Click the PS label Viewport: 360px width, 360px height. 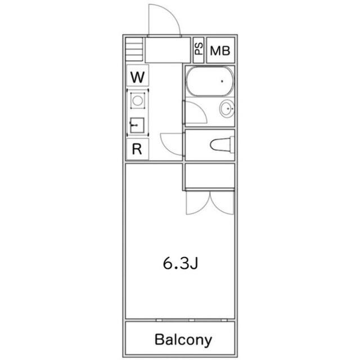pyautogui.click(x=199, y=49)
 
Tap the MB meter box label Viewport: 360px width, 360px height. pyautogui.click(x=220, y=51)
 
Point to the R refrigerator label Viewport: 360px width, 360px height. pyautogui.click(x=137, y=150)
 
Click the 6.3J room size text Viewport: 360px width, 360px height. pyautogui.click(x=180, y=263)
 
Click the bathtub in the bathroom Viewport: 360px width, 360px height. pyautogui.click(x=209, y=82)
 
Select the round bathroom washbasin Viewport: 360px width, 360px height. pyautogui.click(x=227, y=109)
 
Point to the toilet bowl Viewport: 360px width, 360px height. pyautogui.click(x=222, y=145)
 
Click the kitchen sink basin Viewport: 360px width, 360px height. pyautogui.click(x=137, y=124)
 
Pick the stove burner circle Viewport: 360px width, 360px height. pyautogui.click(x=137, y=101)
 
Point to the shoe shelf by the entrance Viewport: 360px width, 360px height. pyautogui.click(x=134, y=49)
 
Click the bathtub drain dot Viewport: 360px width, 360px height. pyautogui.click(x=222, y=82)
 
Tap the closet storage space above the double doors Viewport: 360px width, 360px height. pyautogui.click(x=209, y=177)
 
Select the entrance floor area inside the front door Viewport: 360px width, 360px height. pyautogui.click(x=167, y=51)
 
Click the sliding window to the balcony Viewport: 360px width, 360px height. pyautogui.click(x=180, y=320)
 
